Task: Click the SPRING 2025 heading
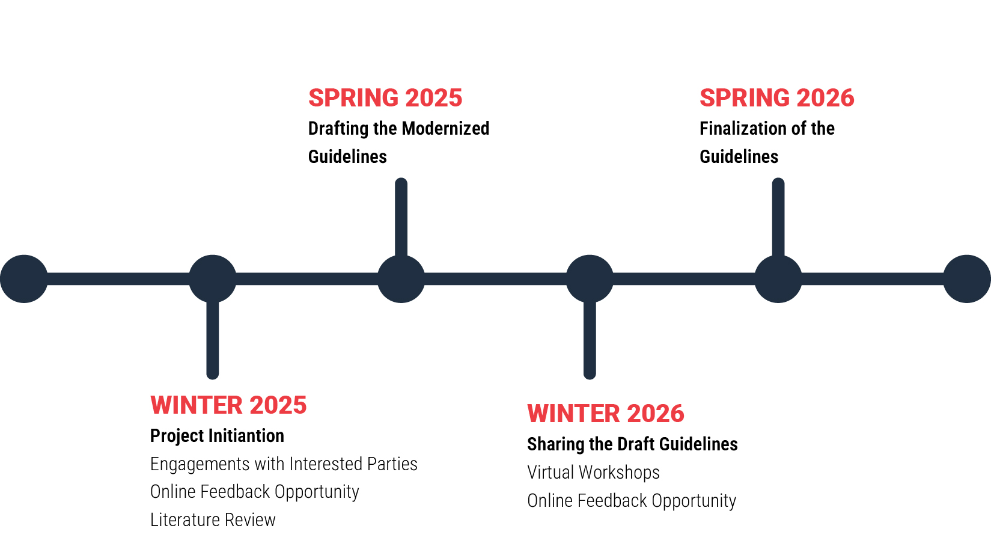tap(385, 98)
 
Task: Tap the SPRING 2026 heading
tap(777, 98)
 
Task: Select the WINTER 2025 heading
tap(228, 405)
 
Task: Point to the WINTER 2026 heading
tap(606, 413)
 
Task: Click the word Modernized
tap(445, 128)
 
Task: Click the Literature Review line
tap(213, 520)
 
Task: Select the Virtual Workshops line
tap(593, 472)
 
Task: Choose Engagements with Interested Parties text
tap(284, 464)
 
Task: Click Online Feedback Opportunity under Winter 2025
tap(254, 492)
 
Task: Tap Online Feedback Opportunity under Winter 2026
tap(632, 501)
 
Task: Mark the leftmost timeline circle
tap(24, 279)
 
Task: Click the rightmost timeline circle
tap(967, 279)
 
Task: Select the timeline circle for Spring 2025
tap(401, 279)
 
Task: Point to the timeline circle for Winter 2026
tap(590, 279)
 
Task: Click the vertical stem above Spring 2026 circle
tap(778, 217)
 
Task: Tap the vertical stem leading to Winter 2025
tap(213, 340)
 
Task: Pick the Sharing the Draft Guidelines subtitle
tap(632, 444)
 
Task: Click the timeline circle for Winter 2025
tap(213, 279)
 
